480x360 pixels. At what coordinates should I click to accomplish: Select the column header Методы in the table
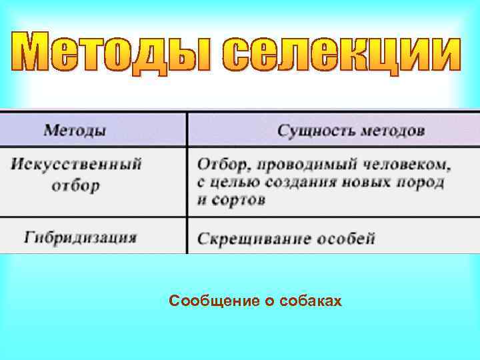(74, 130)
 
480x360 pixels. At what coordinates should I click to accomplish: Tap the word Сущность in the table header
(316, 130)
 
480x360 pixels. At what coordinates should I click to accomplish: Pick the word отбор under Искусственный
(75, 184)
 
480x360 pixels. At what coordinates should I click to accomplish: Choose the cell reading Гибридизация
(81, 237)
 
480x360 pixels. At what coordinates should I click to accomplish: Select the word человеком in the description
(413, 164)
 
